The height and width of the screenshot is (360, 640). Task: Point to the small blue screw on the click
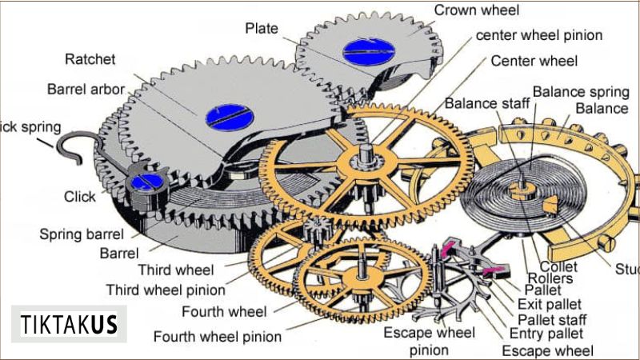(145, 182)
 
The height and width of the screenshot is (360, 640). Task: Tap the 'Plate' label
(262, 29)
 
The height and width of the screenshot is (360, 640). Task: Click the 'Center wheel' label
(534, 60)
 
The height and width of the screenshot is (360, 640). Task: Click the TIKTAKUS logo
(69, 325)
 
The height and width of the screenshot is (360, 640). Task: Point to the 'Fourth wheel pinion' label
(218, 337)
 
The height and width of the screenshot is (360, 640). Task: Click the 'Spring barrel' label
(82, 234)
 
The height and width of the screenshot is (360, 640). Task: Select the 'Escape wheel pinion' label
(429, 342)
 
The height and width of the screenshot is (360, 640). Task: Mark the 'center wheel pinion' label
(539, 35)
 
